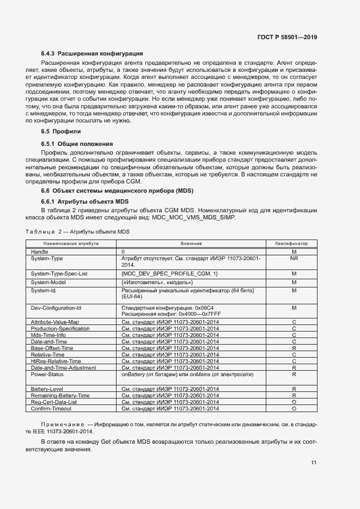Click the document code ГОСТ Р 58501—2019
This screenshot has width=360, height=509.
click(287, 38)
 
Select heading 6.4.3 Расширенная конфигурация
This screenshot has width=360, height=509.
click(92, 54)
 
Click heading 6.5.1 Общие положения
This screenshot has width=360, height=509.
click(77, 144)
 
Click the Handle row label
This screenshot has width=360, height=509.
click(39, 252)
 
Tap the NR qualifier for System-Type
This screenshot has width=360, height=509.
click(294, 259)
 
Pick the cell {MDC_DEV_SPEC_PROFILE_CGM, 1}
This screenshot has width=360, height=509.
click(169, 273)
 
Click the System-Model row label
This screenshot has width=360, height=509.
click(48, 282)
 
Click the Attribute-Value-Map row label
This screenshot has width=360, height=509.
click(55, 323)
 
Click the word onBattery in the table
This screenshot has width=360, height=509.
click(133, 375)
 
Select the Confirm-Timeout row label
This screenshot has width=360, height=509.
click(51, 408)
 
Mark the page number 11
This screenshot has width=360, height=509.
click(314, 463)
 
